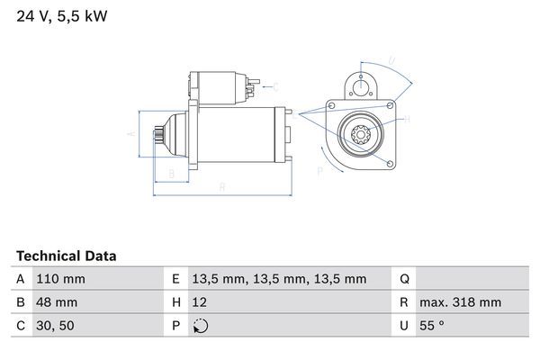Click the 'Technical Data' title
click(x=66, y=256)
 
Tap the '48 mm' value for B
click(x=55, y=302)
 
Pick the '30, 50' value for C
click(x=54, y=326)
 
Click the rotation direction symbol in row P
click(x=201, y=326)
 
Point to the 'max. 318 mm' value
click(x=463, y=302)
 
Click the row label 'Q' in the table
click(x=404, y=279)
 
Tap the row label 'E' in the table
click(x=175, y=279)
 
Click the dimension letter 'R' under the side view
click(x=221, y=186)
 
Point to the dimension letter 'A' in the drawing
click(x=131, y=133)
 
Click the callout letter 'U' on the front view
click(x=391, y=61)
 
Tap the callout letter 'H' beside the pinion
click(x=407, y=119)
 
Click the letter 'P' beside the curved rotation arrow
click(x=319, y=169)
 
